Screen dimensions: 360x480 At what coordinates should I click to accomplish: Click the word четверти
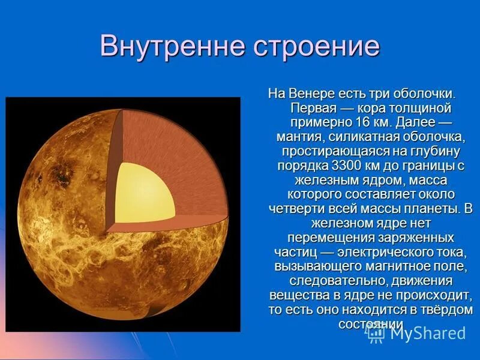(x=294, y=208)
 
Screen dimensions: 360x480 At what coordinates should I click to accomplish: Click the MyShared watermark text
(x=427, y=333)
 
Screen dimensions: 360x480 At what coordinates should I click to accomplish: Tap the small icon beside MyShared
(x=376, y=332)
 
